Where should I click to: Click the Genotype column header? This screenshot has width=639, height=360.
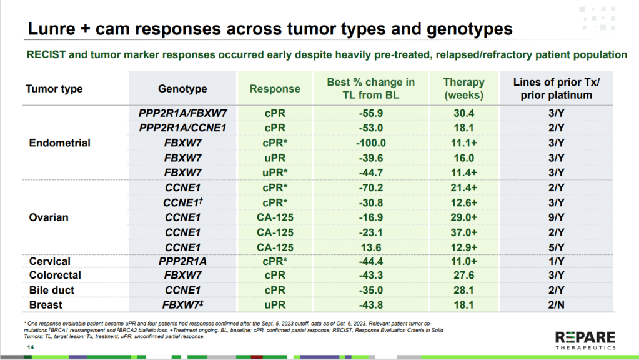click(182, 89)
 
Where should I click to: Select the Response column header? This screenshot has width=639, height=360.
click(275, 89)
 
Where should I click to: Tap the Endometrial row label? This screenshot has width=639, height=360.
click(59, 142)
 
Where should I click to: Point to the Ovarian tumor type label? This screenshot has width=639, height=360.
click(49, 217)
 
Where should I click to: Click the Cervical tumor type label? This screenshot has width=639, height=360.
click(50, 261)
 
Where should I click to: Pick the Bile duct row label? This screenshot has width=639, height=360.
click(52, 290)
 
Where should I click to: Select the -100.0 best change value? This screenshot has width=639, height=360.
click(371, 143)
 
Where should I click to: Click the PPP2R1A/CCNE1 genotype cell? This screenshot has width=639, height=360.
click(182, 128)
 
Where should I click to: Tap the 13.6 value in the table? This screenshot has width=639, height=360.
click(371, 247)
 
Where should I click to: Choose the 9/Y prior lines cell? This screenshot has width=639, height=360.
click(557, 217)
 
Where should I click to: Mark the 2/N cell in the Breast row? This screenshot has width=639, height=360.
click(557, 305)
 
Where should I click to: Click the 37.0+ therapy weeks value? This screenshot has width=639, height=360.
click(463, 232)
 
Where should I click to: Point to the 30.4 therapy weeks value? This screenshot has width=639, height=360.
click(463, 113)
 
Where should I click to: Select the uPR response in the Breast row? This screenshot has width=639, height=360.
click(275, 305)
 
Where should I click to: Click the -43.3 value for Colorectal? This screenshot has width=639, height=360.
click(371, 275)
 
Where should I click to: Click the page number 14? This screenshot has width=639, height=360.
click(31, 347)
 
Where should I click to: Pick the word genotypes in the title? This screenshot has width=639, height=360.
click(470, 29)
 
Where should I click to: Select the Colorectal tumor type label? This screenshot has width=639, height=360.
click(55, 275)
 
